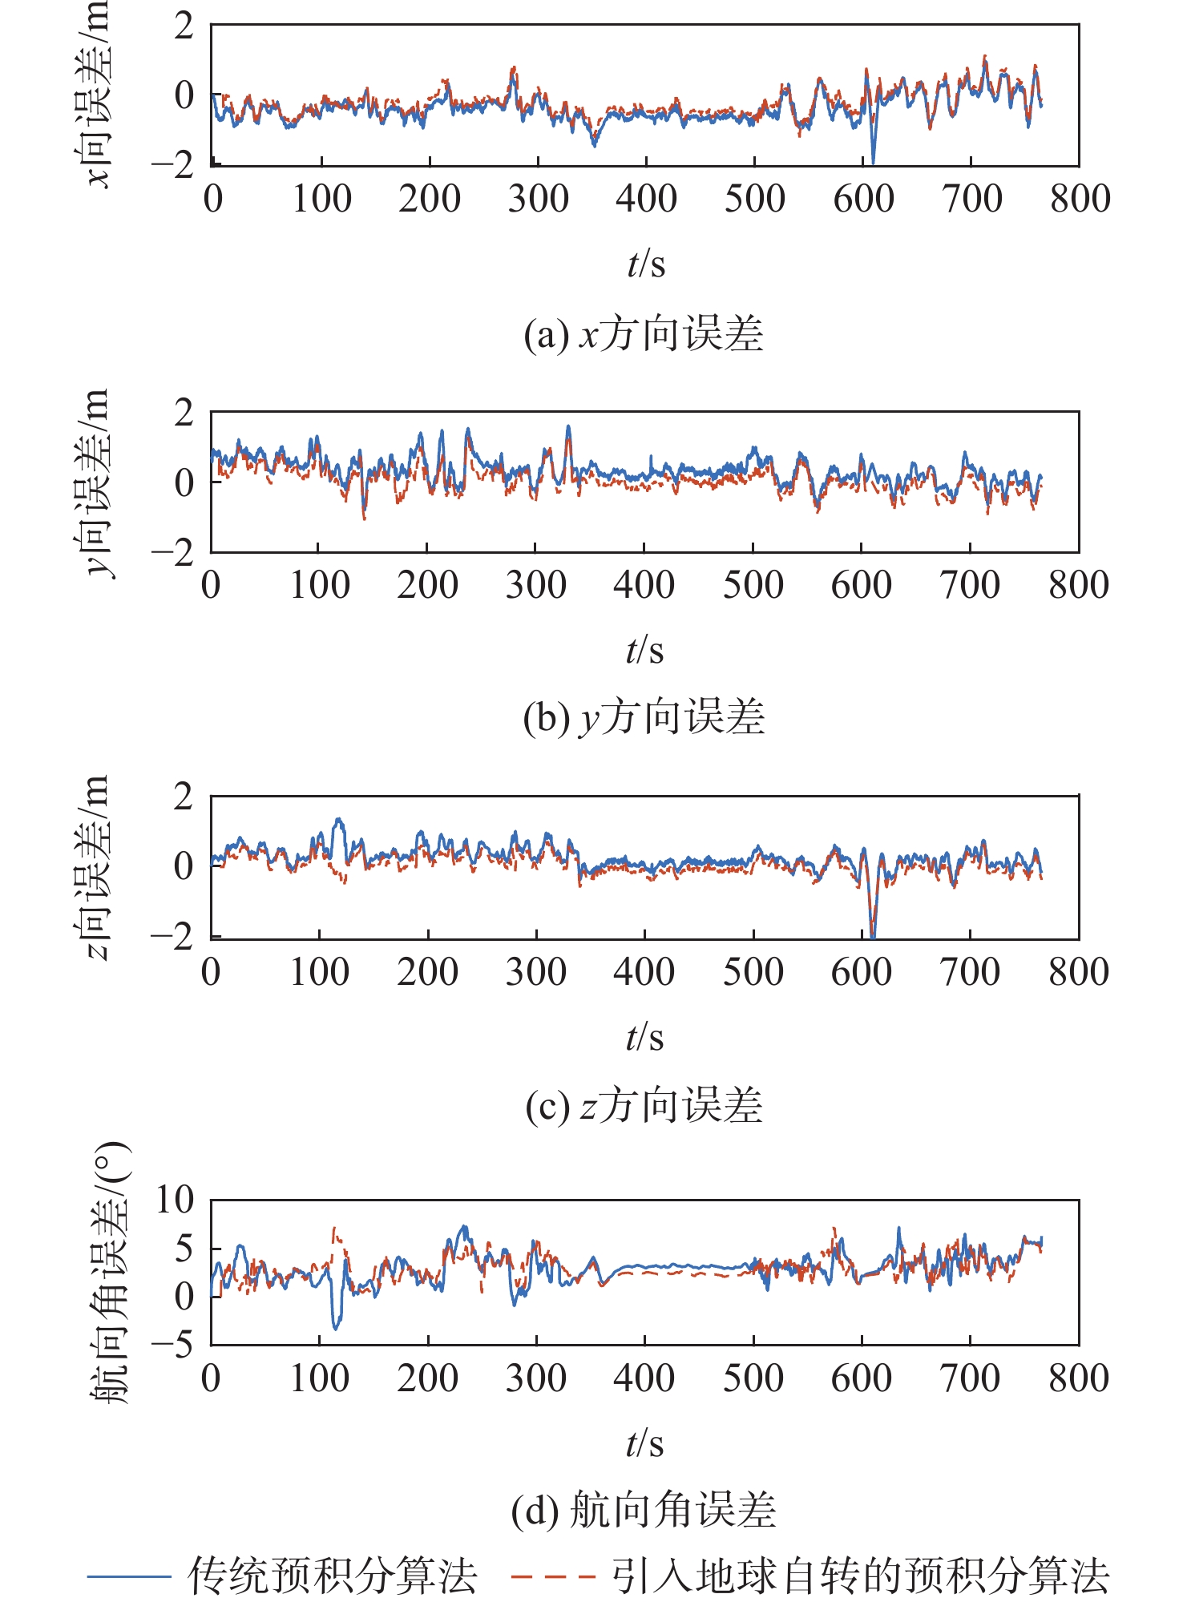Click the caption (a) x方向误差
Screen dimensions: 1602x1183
click(x=644, y=334)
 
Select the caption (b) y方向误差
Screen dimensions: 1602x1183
click(x=644, y=716)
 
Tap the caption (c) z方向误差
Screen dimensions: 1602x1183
click(x=644, y=1106)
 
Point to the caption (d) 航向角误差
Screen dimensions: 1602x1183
click(x=644, y=1511)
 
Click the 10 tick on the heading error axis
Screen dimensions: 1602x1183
click(x=175, y=1200)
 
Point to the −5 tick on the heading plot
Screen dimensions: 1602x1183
click(x=172, y=1344)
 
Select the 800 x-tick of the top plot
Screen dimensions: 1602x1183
click(x=1080, y=199)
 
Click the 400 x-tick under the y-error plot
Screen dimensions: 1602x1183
click(x=644, y=585)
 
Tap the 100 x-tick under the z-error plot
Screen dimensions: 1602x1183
click(x=319, y=972)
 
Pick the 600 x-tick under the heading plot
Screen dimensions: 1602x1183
click(x=862, y=1378)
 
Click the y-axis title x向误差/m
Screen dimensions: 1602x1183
click(x=98, y=95)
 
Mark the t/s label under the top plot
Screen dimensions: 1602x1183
click(x=646, y=263)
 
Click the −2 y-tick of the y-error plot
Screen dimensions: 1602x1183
click(x=172, y=552)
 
